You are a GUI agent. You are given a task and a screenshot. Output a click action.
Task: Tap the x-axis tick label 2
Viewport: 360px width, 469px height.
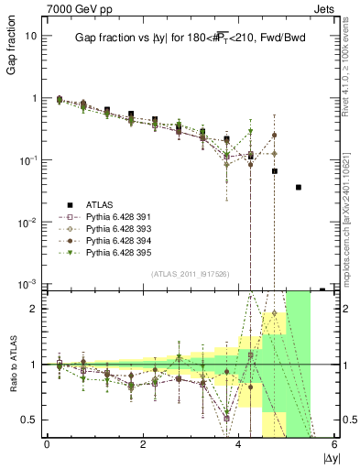click(143, 444)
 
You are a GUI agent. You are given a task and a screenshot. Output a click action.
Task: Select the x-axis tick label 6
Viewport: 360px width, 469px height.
click(335, 444)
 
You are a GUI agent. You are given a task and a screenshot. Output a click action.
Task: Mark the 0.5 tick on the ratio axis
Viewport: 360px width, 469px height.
click(32, 420)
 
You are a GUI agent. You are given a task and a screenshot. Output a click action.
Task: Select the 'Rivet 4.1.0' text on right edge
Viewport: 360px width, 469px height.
click(352, 55)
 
